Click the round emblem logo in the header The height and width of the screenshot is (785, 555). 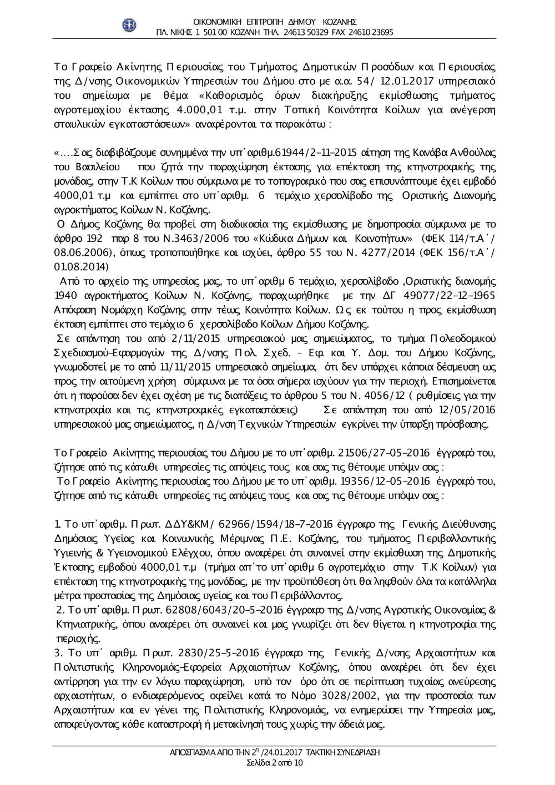coord(129,25)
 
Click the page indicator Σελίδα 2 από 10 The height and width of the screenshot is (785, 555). coord(275,763)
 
